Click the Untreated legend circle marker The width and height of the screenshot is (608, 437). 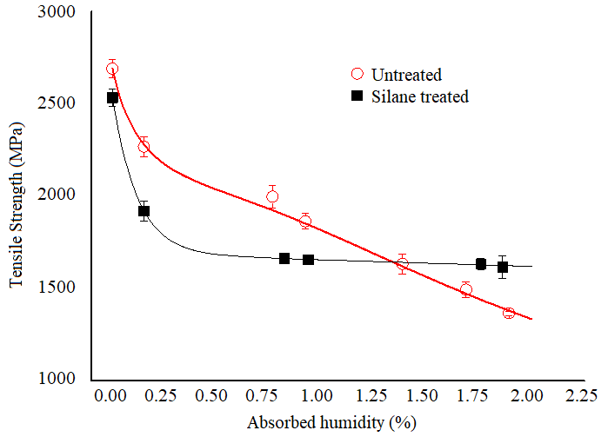click(x=357, y=75)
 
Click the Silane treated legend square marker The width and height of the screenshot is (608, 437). click(x=357, y=96)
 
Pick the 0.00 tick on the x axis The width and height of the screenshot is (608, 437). click(x=110, y=397)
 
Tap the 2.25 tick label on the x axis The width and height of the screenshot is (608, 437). click(x=577, y=397)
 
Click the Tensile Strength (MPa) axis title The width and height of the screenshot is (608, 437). click(x=17, y=196)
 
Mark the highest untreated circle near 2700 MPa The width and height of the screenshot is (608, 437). click(x=112, y=69)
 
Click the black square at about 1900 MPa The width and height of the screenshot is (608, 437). click(x=144, y=211)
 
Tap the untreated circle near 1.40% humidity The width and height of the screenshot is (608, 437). click(x=402, y=263)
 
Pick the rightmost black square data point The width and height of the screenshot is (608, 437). click(x=503, y=267)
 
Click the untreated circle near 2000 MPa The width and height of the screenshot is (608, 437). click(x=272, y=196)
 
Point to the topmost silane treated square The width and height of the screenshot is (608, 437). click(x=112, y=97)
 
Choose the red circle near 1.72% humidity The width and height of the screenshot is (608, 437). click(x=466, y=290)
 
